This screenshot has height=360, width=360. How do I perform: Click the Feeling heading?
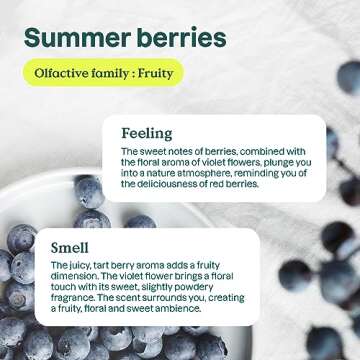(x=147, y=132)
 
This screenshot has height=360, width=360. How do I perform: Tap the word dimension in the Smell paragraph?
(x=78, y=275)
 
